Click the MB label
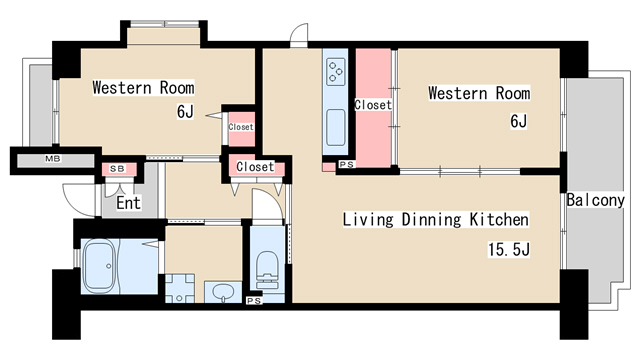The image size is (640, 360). [53, 159]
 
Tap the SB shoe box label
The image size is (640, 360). [118, 169]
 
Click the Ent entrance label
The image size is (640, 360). [128, 203]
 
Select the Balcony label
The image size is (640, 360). [596, 200]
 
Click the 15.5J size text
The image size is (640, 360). [509, 249]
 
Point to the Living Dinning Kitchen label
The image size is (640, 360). [436, 220]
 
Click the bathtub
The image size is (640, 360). [99, 266]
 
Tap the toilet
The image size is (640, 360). [267, 270]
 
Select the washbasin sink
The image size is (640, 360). [223, 292]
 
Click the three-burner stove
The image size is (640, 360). [336, 71]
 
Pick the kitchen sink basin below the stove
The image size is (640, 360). [336, 127]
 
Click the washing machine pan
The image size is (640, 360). [180, 288]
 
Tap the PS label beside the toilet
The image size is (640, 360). [254, 301]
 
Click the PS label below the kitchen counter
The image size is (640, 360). [347, 164]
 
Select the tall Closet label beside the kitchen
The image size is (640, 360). [373, 105]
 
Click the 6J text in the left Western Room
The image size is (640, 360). [185, 111]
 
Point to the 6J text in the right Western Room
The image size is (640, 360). [518, 121]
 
